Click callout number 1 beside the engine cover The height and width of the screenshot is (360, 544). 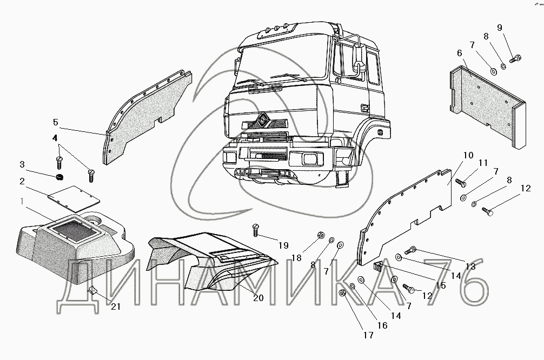point(22,202)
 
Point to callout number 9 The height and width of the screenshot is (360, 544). point(500,28)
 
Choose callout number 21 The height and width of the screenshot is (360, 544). point(115,306)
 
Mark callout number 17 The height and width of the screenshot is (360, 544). point(368,335)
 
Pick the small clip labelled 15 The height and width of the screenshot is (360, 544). point(380,265)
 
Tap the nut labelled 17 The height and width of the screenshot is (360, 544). point(342,294)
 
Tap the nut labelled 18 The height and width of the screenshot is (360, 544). point(320,236)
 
